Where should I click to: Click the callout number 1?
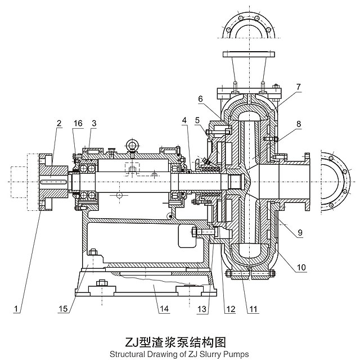coord(18,309)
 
